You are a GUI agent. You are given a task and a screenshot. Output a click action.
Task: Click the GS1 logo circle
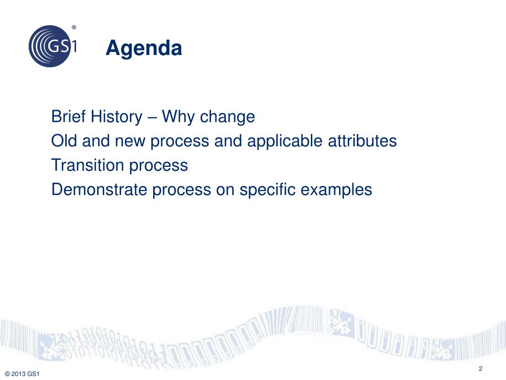pos(50,46)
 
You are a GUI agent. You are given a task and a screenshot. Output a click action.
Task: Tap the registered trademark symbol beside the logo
pos(74,28)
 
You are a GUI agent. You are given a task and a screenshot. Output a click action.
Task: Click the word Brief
pos(68,116)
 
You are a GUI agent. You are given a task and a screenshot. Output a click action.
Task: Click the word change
pos(227,117)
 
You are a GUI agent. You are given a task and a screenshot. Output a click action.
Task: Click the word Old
pos(64,141)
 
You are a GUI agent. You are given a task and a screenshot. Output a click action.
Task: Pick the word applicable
pos(285,142)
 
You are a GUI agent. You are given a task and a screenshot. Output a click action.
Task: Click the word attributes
pos(362,141)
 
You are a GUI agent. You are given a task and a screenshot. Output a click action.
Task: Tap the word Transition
pos(87,165)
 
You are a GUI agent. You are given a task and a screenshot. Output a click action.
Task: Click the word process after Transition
pos(159,167)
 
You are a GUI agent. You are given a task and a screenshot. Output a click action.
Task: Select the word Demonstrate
pos(99,190)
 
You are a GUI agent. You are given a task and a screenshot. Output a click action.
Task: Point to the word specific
pos(267,190)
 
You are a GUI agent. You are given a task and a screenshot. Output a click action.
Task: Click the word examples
pos(337,190)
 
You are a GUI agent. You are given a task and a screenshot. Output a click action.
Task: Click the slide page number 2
pos(480,369)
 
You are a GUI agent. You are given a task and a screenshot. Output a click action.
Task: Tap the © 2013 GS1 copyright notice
pos(22,374)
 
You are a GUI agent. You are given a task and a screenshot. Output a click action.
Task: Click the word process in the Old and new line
pos(180,142)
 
